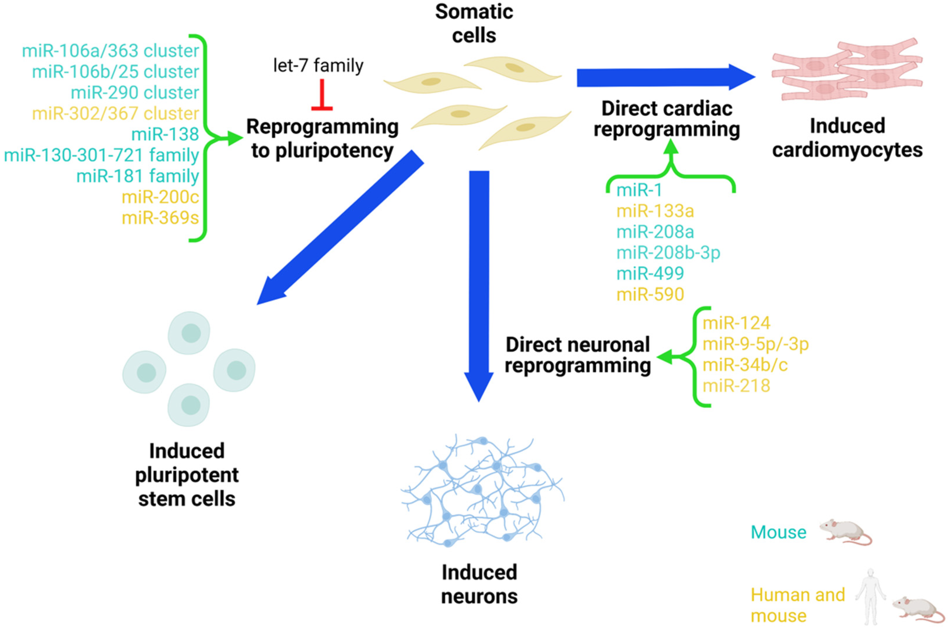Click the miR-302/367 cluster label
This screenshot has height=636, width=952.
116,114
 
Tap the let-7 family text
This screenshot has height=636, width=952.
318,65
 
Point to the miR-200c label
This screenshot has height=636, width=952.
160,197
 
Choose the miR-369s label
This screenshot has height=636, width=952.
160,218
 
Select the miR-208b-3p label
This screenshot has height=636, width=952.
668,253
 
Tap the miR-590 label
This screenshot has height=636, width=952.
650,294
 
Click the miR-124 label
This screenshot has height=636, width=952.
736,323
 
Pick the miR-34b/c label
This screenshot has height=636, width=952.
745,365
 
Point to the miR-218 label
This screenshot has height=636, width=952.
736,386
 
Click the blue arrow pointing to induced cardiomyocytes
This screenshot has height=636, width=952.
666,77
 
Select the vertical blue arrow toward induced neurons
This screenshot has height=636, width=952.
479,284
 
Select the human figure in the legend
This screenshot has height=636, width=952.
870,596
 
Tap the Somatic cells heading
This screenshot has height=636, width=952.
474,24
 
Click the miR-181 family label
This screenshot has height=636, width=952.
138,176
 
